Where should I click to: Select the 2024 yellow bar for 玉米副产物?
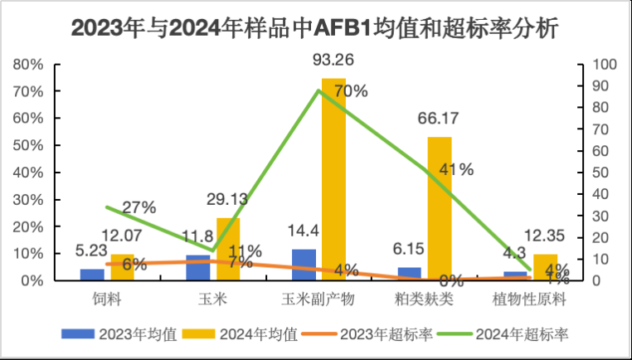tap(333, 178)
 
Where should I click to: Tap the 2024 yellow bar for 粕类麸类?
tap(440, 207)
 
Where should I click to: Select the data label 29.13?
tap(227, 202)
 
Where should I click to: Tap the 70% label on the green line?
tap(350, 91)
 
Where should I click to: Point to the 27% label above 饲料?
tap(139, 207)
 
